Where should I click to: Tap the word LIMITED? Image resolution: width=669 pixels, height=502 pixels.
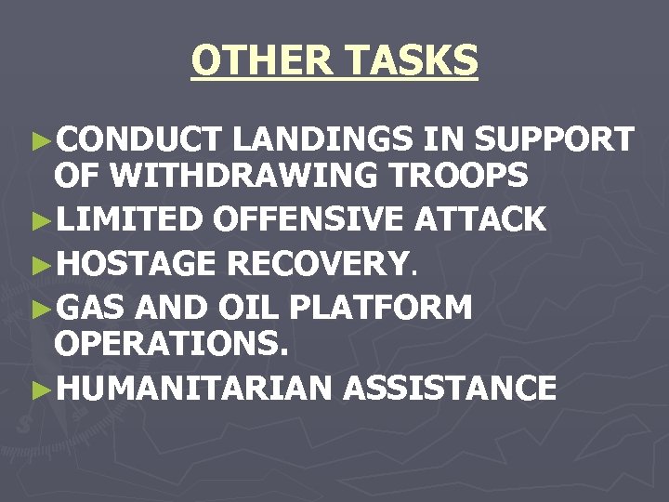click(x=129, y=219)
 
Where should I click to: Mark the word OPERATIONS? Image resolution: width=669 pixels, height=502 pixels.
click(x=172, y=343)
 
